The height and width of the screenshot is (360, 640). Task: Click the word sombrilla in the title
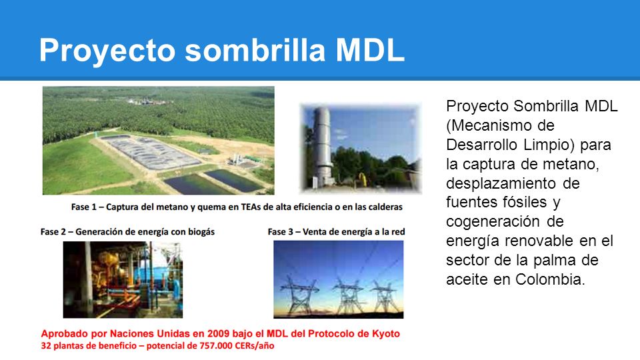tap(255, 50)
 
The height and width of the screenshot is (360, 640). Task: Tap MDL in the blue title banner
tap(370, 50)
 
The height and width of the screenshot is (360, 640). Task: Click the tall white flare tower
tap(323, 147)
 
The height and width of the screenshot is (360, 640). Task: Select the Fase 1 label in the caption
tap(84, 207)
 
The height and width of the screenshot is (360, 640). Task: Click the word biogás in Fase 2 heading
tap(201, 232)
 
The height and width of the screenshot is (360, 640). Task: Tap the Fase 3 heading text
tap(336, 232)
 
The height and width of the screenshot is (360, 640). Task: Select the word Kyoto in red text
tap(386, 333)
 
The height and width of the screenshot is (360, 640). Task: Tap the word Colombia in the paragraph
tap(550, 279)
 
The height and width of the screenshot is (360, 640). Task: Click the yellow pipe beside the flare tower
tap(362, 179)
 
